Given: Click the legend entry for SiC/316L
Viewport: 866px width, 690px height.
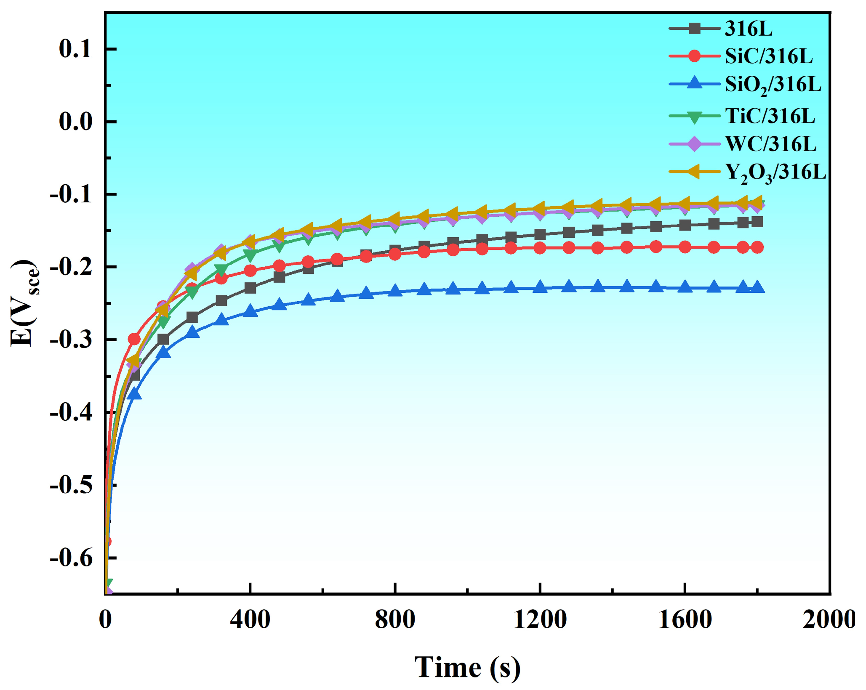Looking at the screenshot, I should (768, 56).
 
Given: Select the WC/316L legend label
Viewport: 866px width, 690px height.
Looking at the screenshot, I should (770, 144).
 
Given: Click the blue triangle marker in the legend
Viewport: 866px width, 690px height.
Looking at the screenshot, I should (695, 83).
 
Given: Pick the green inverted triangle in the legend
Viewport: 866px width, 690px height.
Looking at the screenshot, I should (695, 117).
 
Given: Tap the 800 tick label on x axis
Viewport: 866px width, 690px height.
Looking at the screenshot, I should (394, 620).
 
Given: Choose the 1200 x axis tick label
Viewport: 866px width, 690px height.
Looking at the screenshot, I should (540, 620).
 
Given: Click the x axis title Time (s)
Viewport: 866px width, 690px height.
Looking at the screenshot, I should (467, 668).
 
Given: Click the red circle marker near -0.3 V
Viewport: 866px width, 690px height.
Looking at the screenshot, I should (134, 339).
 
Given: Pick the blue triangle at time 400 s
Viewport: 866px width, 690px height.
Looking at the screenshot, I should (250, 311).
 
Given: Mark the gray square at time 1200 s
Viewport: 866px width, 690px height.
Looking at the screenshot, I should (540, 234).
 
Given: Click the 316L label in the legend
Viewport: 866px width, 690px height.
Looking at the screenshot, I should (749, 29).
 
